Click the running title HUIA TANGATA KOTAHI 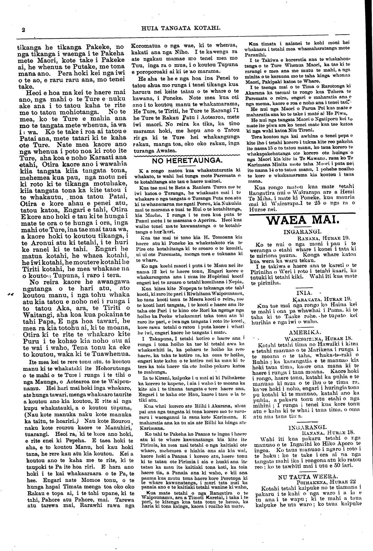pyautogui.click(x=180, y=28)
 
